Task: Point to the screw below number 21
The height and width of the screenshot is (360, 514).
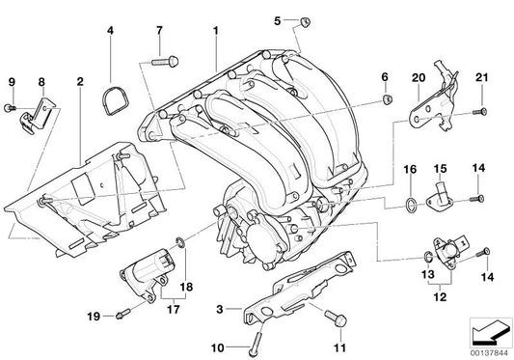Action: point(475,113)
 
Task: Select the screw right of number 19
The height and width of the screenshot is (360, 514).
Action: point(122,313)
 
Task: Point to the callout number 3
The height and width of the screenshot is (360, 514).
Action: point(221,309)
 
